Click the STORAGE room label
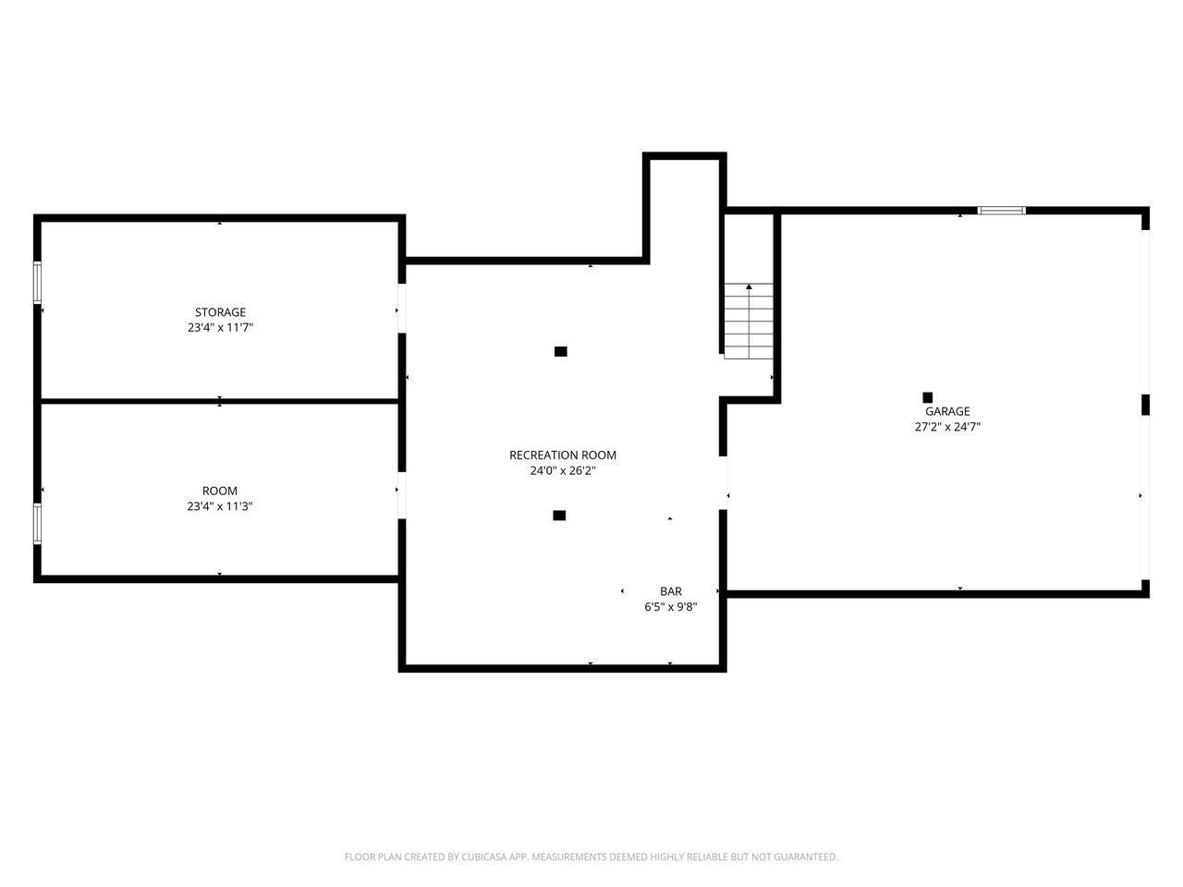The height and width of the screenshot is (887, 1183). (220, 312)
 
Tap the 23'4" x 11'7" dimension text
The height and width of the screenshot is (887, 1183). (220, 327)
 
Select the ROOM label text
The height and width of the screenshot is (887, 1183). (220, 491)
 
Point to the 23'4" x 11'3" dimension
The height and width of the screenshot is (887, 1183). (220, 506)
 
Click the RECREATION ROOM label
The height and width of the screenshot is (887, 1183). (562, 455)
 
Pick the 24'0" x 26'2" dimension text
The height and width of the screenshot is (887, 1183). (562, 470)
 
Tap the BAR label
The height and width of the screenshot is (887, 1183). (671, 591)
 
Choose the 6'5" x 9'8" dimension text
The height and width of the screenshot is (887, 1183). (671, 607)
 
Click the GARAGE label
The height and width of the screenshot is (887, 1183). (947, 411)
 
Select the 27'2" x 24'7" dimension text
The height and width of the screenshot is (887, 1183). (947, 427)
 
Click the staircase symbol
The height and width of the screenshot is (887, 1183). (749, 321)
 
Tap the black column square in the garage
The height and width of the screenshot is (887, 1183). (927, 397)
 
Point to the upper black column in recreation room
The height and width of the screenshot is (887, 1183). (560, 351)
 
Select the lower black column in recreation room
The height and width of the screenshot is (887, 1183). (559, 516)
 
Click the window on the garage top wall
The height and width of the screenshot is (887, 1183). (1002, 211)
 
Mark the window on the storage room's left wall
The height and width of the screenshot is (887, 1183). (38, 282)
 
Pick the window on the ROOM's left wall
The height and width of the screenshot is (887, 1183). (38, 524)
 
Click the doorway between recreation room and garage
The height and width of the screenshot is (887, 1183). (724, 482)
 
